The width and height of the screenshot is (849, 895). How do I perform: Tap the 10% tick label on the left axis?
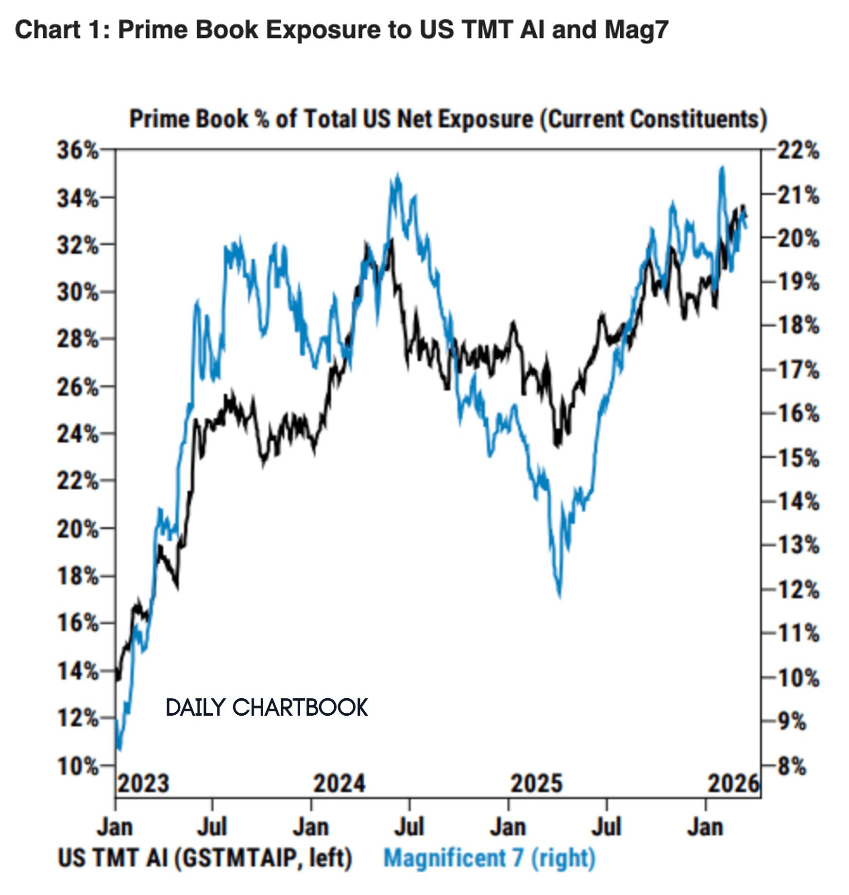(x=78, y=766)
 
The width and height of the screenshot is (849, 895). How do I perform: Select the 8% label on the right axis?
(x=792, y=766)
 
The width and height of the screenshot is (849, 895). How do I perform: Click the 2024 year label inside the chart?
(x=339, y=784)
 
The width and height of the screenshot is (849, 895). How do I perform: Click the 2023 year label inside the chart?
(x=143, y=784)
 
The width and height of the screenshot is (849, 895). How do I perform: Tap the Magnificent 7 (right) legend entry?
(x=489, y=858)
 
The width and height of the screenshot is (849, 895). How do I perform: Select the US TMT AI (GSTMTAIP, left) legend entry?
(x=204, y=858)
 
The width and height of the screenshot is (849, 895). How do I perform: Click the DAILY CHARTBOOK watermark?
(x=267, y=707)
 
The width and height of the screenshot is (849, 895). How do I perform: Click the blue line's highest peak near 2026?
(x=722, y=168)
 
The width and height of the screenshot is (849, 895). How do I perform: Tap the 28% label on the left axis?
(x=78, y=339)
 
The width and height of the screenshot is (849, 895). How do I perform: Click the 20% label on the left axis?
(x=78, y=529)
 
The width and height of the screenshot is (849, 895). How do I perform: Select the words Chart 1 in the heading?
(x=58, y=30)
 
